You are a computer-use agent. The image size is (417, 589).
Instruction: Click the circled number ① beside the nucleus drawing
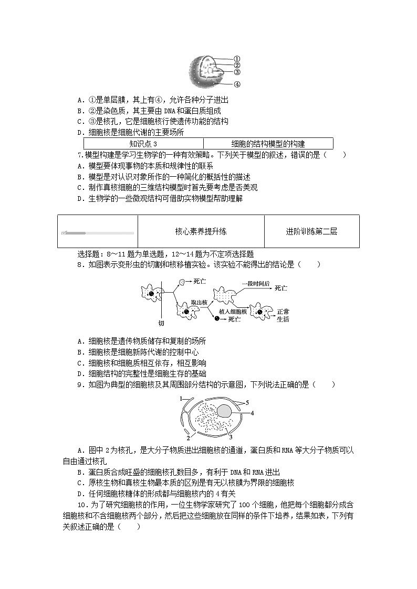click(x=237, y=59)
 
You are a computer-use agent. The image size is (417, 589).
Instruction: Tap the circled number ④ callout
click(x=237, y=84)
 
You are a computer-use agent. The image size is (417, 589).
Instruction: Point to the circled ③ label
click(x=237, y=72)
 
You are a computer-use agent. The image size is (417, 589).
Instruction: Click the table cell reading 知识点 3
click(x=143, y=144)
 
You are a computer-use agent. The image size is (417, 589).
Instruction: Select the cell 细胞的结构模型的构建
click(x=268, y=144)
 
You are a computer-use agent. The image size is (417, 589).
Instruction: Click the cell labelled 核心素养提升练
click(x=201, y=231)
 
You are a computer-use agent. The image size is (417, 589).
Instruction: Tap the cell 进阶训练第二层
click(x=311, y=231)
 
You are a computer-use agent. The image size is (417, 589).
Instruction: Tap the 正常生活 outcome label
click(x=283, y=315)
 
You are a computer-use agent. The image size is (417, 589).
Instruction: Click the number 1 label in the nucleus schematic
click(x=180, y=399)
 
